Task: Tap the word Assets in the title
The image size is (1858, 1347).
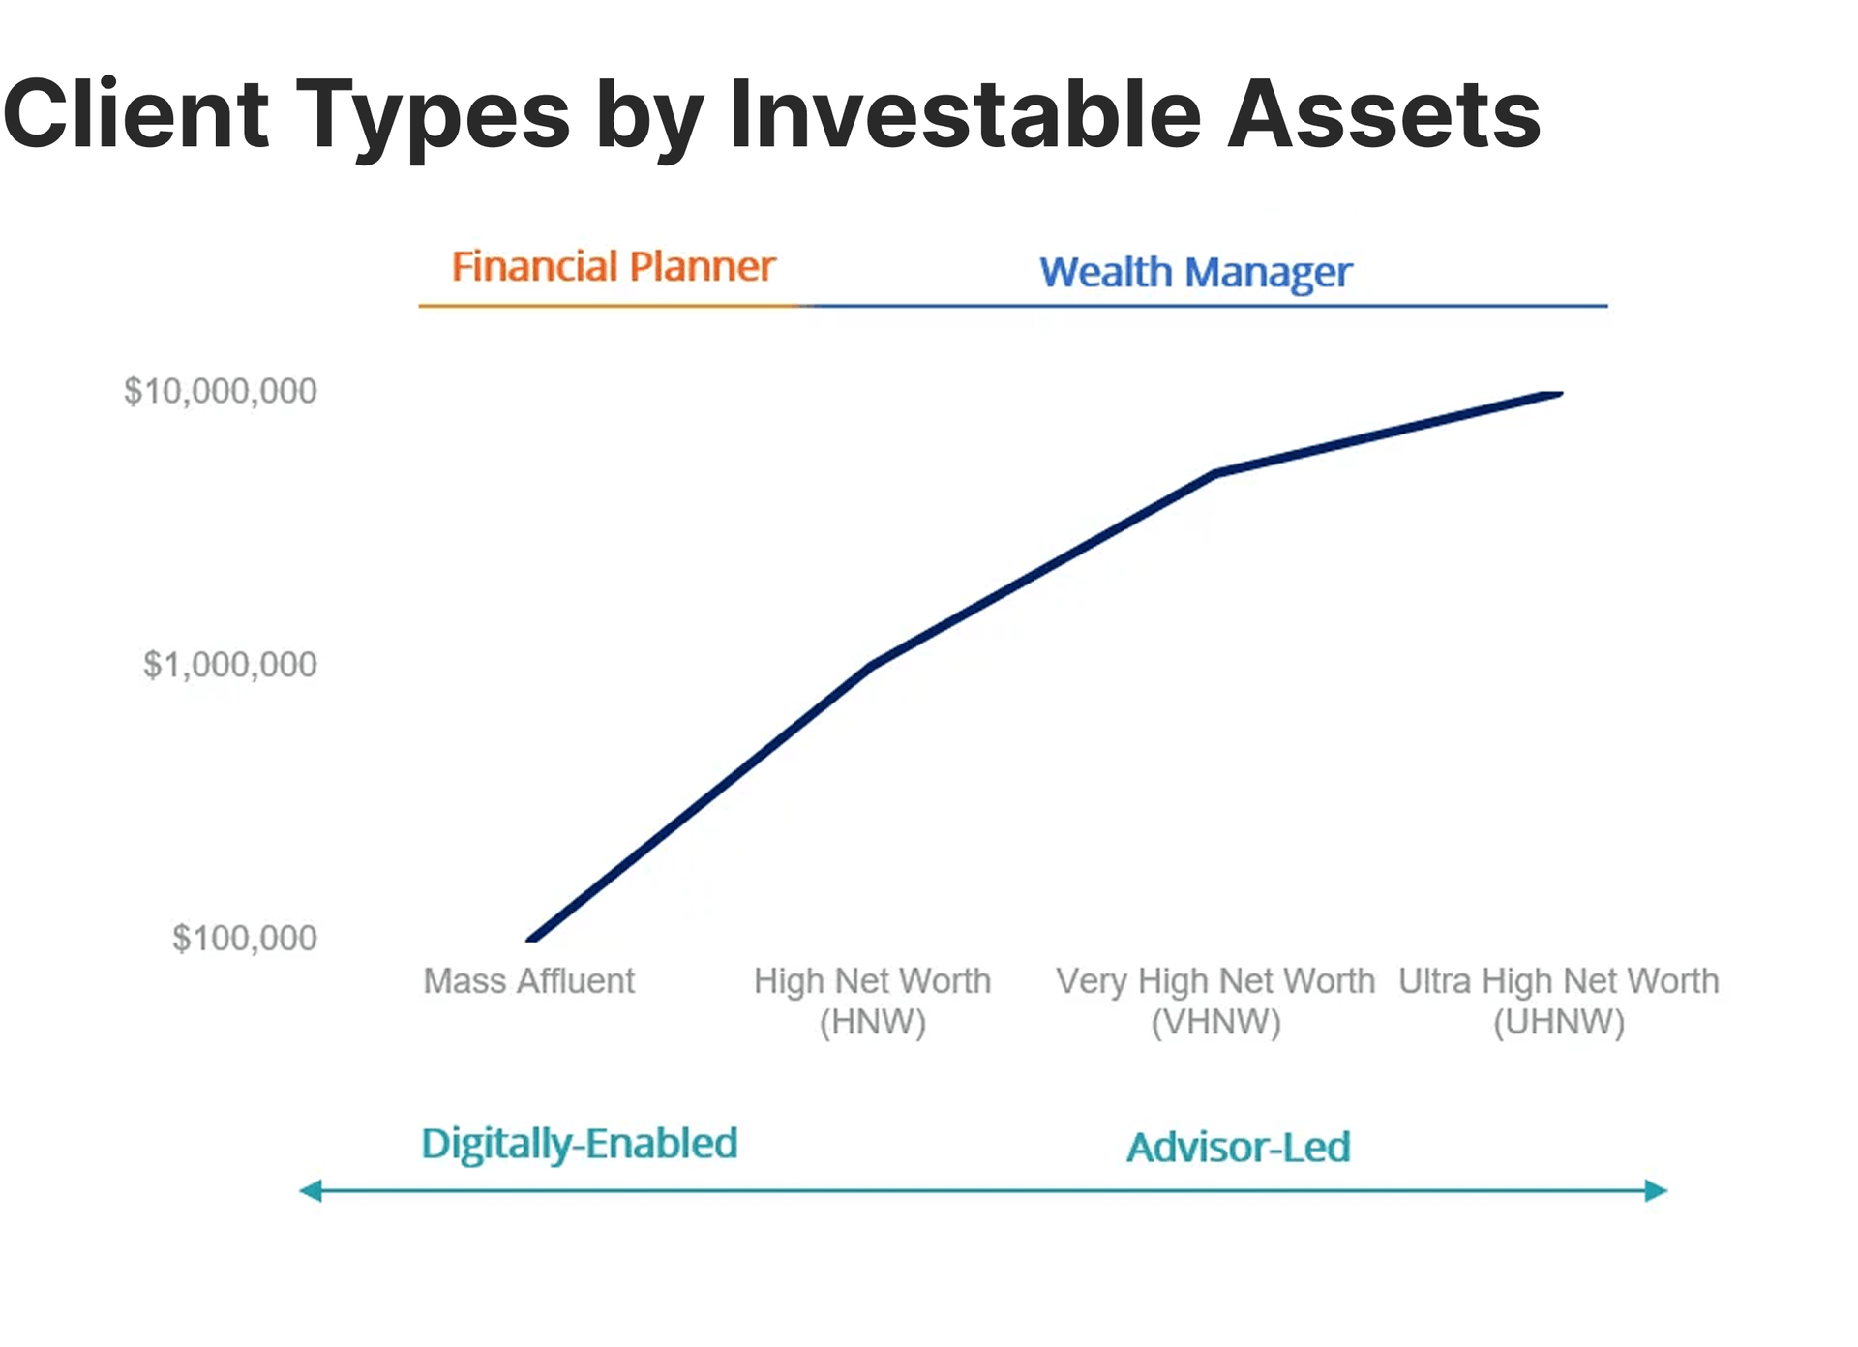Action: [x=1384, y=114]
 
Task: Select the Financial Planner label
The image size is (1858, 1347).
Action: [x=614, y=266]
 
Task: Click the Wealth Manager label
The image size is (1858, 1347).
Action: [x=1195, y=273]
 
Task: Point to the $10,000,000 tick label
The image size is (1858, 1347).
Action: [x=221, y=391]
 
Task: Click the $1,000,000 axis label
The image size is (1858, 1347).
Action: [x=230, y=665]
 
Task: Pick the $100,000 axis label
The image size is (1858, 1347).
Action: [x=245, y=938]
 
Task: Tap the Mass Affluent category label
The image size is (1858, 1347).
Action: [x=529, y=981]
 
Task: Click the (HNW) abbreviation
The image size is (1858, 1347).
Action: [x=873, y=1022]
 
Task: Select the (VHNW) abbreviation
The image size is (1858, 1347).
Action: [x=1216, y=1022]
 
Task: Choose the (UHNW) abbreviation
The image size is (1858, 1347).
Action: [x=1559, y=1022]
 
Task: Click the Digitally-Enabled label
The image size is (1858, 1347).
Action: [x=580, y=1145]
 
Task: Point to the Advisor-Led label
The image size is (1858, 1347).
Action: [x=1239, y=1148]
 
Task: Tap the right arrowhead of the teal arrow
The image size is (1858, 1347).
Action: [x=1657, y=1190]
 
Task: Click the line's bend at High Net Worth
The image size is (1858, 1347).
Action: [x=873, y=665]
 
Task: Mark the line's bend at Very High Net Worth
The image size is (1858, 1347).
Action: [x=1216, y=473]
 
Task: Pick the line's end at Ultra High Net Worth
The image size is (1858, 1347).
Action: [x=1559, y=394]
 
